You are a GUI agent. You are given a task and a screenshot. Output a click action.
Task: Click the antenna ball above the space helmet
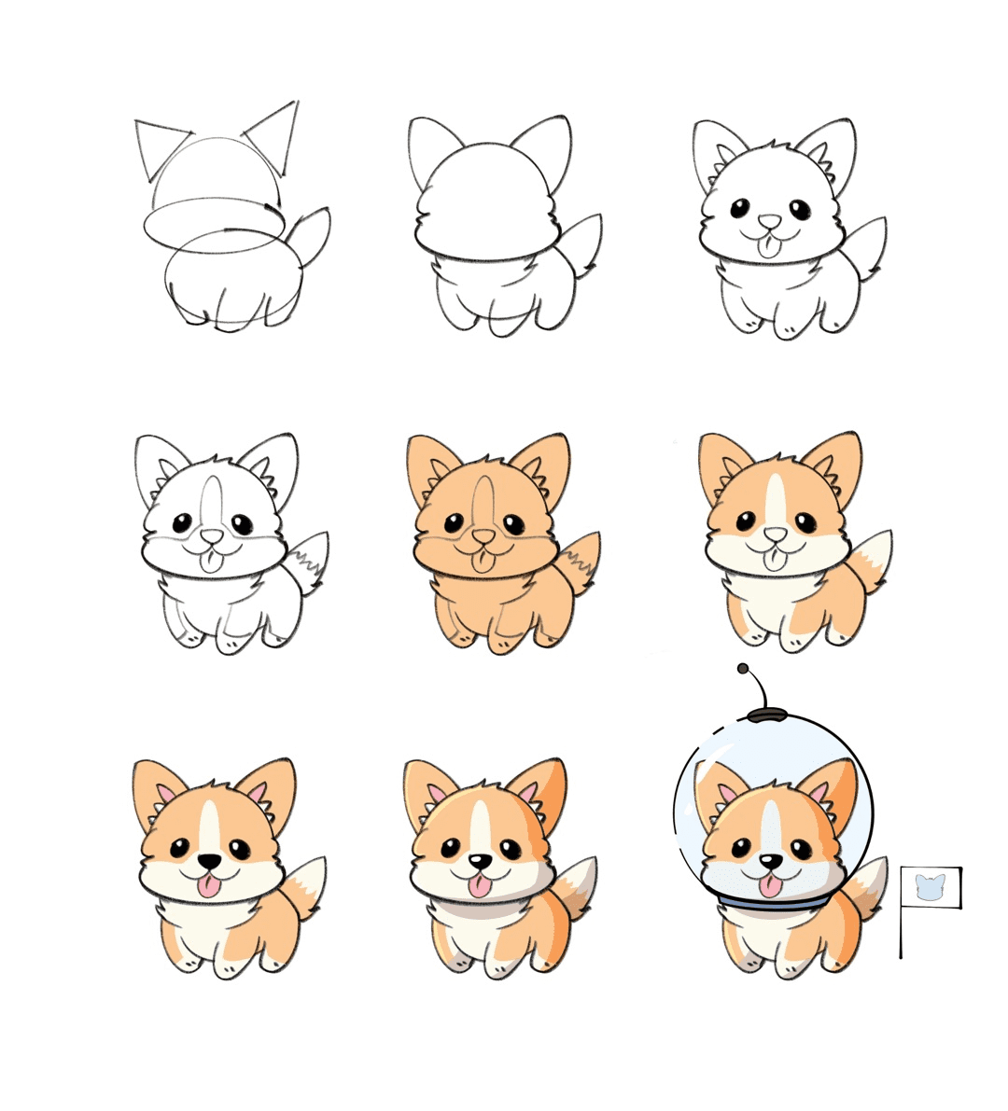point(743,669)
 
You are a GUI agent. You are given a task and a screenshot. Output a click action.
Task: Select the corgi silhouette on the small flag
point(930,886)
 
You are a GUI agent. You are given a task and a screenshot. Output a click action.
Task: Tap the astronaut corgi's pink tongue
point(771,885)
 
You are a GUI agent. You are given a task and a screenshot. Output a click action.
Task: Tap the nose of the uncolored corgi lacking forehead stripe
point(770,222)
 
